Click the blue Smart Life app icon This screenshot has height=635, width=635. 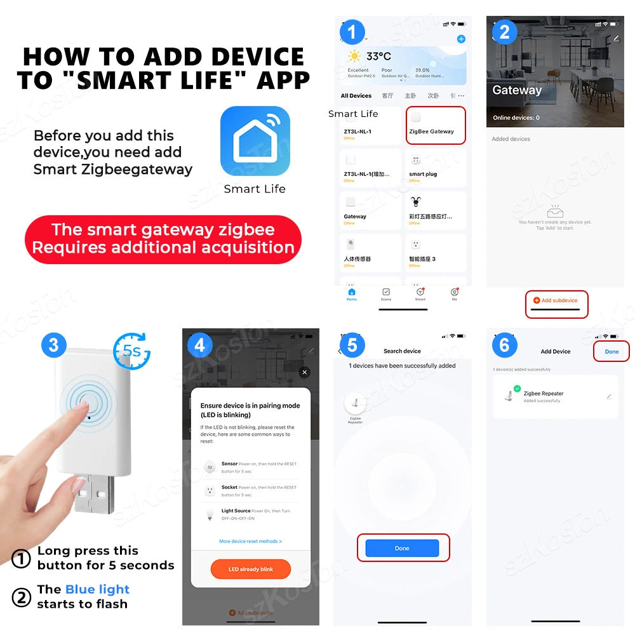pyautogui.click(x=255, y=141)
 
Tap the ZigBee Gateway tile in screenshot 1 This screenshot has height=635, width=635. pyautogui.click(x=435, y=124)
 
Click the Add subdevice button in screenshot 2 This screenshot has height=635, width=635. pyautogui.click(x=556, y=300)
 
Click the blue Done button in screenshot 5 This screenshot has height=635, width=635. pyautogui.click(x=402, y=548)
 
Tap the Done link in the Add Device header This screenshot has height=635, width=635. pyautogui.click(x=611, y=351)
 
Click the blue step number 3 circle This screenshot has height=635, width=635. pyautogui.click(x=53, y=345)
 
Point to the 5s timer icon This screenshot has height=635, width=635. pyautogui.click(x=131, y=351)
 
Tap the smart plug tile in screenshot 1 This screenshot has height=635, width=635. pyautogui.click(x=435, y=168)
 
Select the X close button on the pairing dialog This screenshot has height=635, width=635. pyautogui.click(x=305, y=372)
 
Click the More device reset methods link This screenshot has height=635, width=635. pyautogui.click(x=250, y=541)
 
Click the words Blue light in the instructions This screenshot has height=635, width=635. pyautogui.click(x=97, y=589)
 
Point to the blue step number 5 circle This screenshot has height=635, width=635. pyautogui.click(x=352, y=345)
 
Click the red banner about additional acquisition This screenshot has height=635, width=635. pyautogui.click(x=163, y=239)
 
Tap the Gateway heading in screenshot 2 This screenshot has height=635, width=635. pyautogui.click(x=517, y=90)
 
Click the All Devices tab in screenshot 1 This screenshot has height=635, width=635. pyautogui.click(x=356, y=96)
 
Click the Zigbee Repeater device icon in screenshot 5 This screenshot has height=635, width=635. pyautogui.click(x=354, y=403)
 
